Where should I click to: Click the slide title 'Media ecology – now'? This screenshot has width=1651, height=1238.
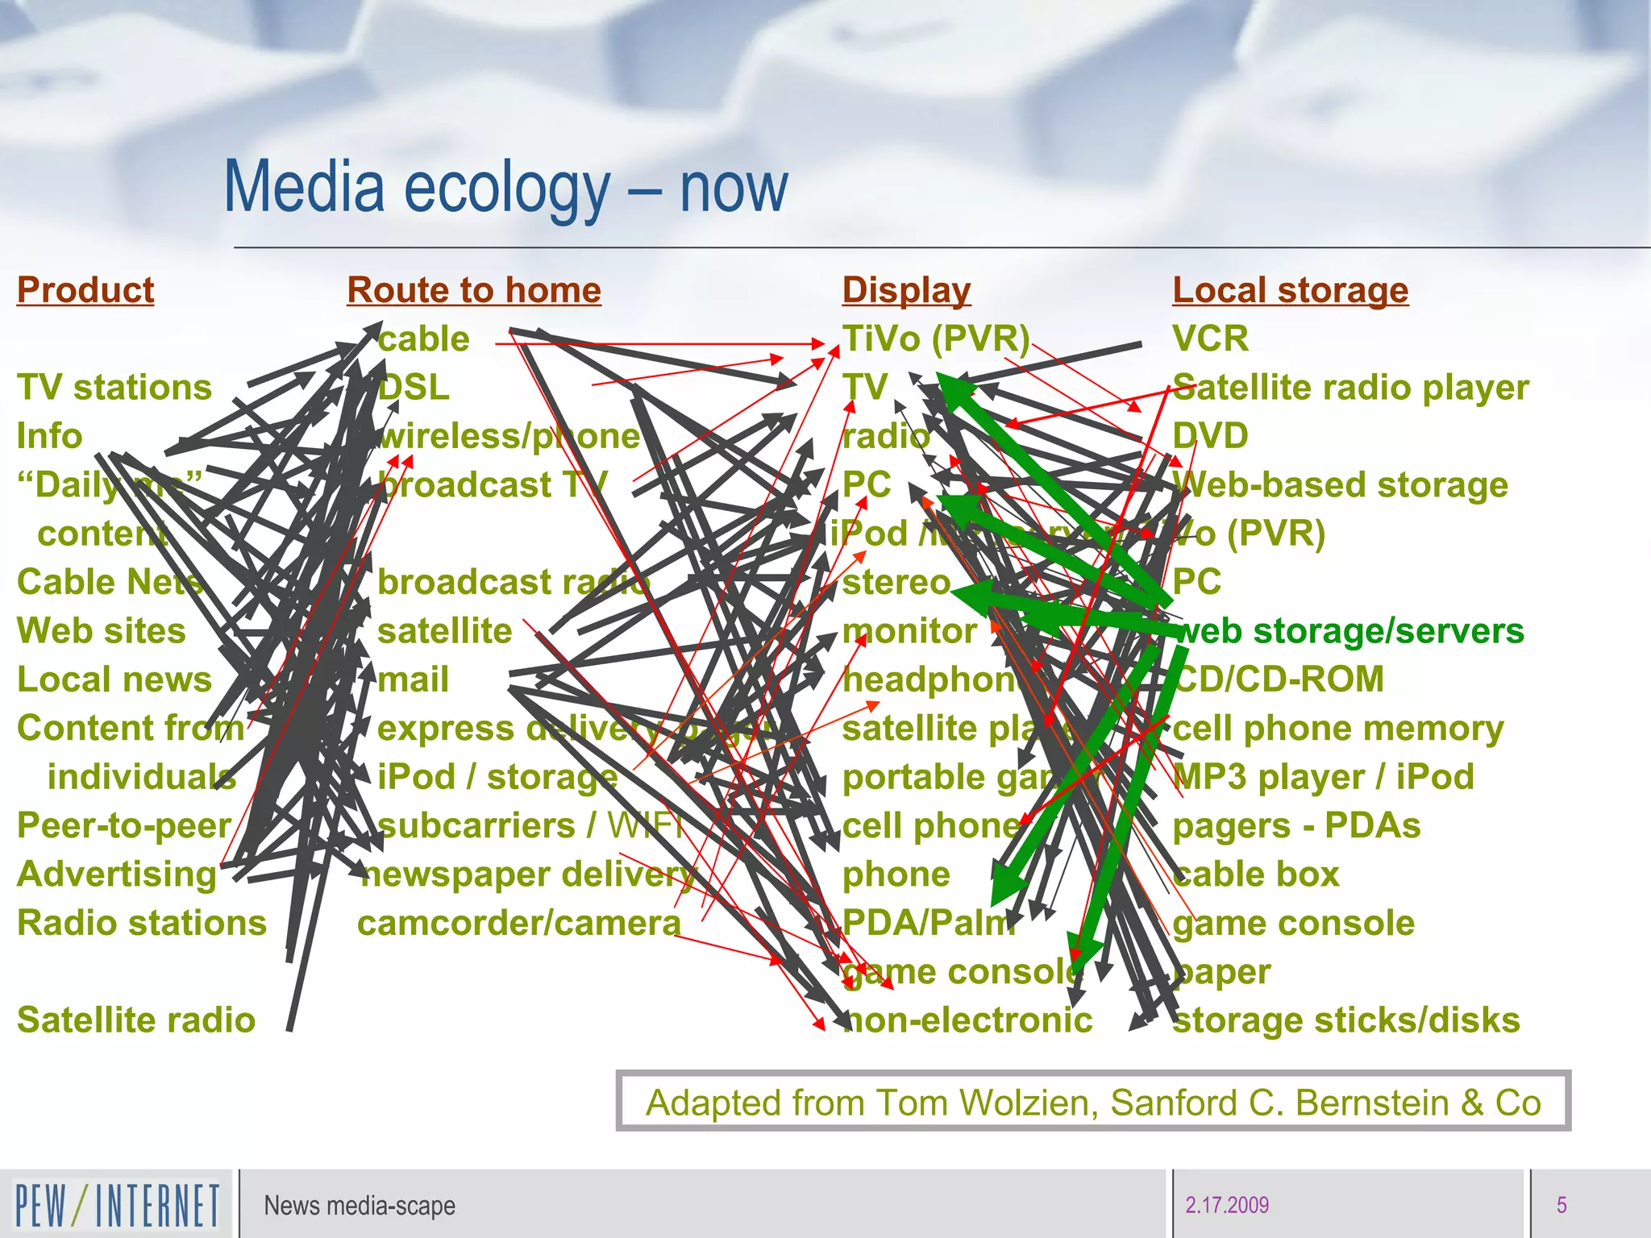click(505, 187)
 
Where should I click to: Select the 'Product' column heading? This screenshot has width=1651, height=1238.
click(85, 290)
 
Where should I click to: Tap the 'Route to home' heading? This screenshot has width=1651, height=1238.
click(474, 290)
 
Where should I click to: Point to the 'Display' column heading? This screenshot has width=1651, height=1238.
click(906, 290)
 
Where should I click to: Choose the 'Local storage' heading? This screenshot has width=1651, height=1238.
click(1290, 290)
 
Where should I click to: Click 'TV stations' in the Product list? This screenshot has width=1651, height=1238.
click(114, 388)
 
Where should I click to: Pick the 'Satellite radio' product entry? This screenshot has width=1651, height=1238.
click(136, 1020)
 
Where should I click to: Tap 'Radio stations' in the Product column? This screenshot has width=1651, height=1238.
click(142, 923)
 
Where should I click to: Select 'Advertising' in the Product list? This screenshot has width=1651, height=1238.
click(117, 874)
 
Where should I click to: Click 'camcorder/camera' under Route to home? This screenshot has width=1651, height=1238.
click(519, 924)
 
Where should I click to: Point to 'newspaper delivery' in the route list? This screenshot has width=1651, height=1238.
click(528, 874)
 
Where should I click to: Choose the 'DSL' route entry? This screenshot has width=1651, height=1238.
click(414, 388)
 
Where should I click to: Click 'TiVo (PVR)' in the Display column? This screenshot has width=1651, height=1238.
click(936, 339)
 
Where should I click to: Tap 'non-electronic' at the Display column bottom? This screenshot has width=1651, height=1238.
click(967, 1020)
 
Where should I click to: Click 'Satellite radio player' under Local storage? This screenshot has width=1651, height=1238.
click(1350, 388)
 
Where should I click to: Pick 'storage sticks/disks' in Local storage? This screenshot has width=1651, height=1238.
click(1346, 1020)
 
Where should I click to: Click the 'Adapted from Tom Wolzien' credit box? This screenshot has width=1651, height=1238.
click(1093, 1102)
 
